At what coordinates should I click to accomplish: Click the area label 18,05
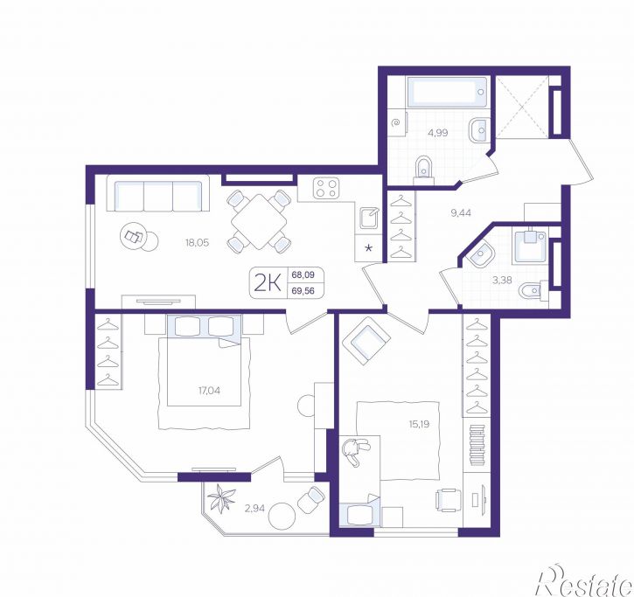point(197,243)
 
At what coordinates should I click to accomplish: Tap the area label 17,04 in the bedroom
point(210,391)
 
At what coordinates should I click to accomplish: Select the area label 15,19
point(419,424)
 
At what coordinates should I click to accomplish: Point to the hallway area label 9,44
point(461,212)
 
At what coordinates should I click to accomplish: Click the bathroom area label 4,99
point(438,133)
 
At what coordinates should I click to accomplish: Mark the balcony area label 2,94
point(254,508)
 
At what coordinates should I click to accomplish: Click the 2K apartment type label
point(268,283)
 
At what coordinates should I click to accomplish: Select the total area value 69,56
point(303,290)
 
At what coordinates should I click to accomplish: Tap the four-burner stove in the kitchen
point(326,188)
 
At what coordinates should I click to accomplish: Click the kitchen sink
point(370,218)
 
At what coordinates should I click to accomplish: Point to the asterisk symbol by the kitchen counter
point(369,248)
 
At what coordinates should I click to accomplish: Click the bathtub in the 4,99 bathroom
point(448,92)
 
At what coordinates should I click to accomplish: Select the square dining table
point(259,221)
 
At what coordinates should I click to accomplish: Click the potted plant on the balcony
point(220,497)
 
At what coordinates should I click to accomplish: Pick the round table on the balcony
point(282,516)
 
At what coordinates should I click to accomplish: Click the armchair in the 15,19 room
point(366,341)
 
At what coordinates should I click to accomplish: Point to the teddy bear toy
point(355,452)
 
